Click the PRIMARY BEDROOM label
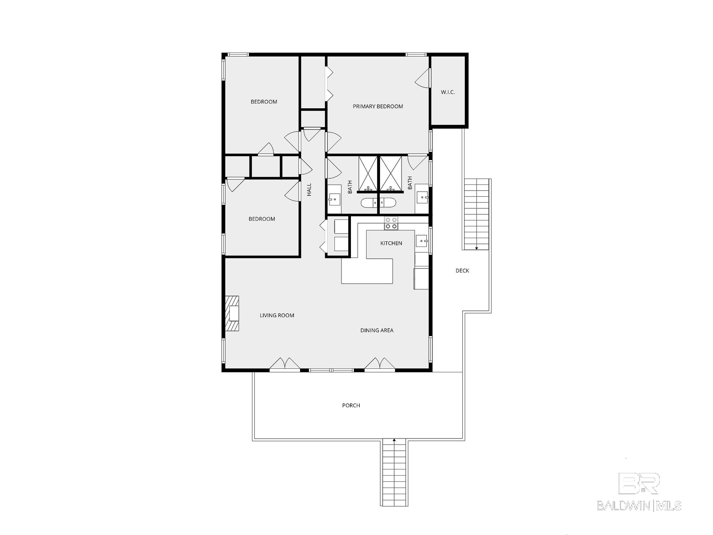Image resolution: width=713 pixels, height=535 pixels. tap(378, 107)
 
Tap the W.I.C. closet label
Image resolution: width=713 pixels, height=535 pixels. tap(448, 92)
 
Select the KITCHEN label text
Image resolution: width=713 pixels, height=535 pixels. tap(391, 243)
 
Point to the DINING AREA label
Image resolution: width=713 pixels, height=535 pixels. tap(377, 330)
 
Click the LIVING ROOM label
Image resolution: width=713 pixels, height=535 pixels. tap(277, 315)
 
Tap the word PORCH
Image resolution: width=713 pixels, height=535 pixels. tap(351, 405)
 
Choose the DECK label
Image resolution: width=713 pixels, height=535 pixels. tap(462, 270)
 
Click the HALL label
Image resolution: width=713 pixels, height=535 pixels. tap(309, 190)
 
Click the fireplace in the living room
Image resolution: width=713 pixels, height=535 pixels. tap(232, 313)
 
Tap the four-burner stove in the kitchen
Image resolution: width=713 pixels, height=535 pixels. tap(391, 223)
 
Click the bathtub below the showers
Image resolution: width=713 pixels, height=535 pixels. tap(377, 202)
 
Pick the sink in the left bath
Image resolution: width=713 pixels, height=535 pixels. tap(334, 199)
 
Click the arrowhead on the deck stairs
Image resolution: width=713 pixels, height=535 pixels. tap(477, 248)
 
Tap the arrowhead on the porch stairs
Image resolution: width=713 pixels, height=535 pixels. tap(394, 440)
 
